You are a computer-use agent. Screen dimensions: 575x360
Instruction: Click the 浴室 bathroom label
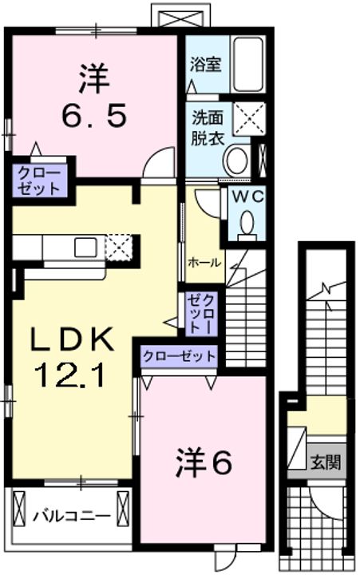(x=206, y=65)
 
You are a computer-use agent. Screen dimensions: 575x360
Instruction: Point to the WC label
(x=247, y=196)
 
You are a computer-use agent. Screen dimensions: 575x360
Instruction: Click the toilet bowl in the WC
(x=247, y=223)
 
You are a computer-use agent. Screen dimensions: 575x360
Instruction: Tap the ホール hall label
(x=204, y=262)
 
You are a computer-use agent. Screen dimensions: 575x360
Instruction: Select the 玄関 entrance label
(x=326, y=462)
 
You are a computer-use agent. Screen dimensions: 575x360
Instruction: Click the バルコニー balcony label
(x=71, y=515)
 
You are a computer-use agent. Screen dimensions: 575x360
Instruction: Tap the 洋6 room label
(x=204, y=462)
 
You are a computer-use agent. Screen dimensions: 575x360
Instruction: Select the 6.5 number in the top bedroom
(x=93, y=118)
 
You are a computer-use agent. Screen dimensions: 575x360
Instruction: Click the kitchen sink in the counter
(x=85, y=248)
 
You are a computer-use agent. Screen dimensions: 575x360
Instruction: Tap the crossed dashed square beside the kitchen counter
(x=119, y=247)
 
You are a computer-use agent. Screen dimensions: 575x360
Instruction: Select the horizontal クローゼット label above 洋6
(x=180, y=355)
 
